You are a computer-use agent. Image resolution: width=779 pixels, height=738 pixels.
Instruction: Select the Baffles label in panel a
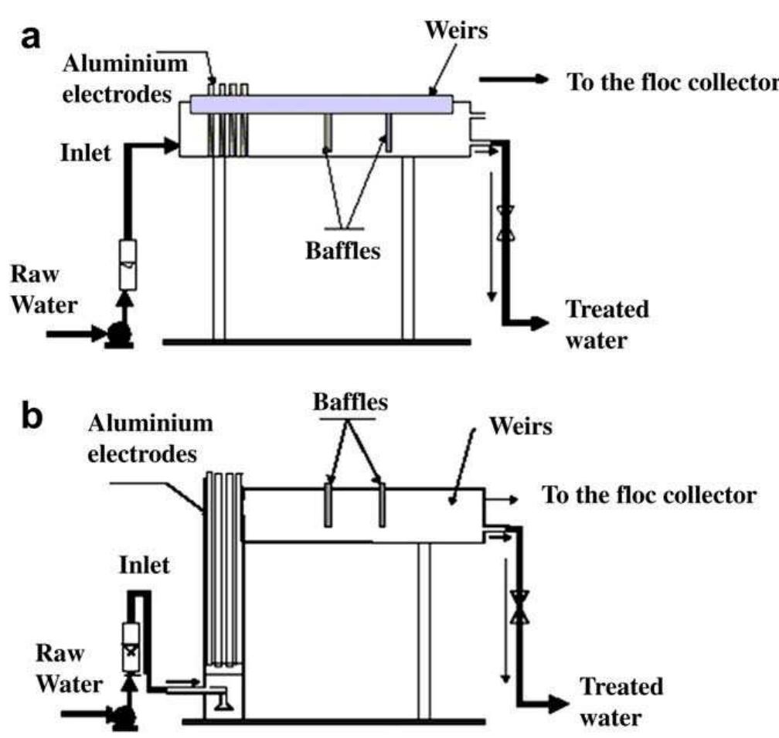342,250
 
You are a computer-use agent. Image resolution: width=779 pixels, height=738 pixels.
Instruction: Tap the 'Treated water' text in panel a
607,325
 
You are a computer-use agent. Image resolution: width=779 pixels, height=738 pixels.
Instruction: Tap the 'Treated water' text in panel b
621,702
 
